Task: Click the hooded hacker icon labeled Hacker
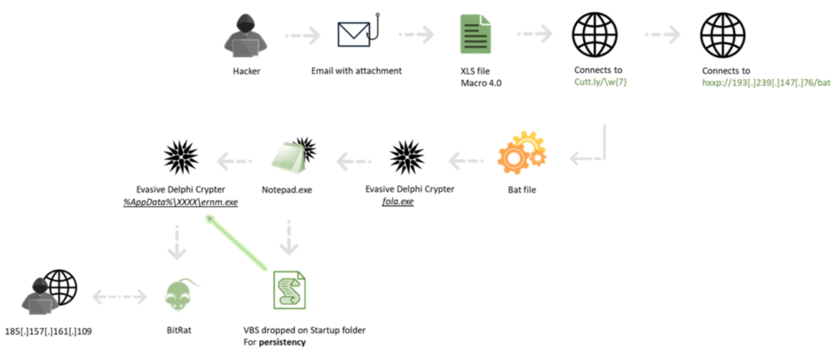246,36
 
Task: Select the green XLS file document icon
475,34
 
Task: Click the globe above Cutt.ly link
595,35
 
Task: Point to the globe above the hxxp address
722,35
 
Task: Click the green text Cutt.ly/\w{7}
600,82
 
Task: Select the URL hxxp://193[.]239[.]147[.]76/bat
766,83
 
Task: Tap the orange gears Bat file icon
522,154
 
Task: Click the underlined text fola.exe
398,201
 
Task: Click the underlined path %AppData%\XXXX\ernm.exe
180,202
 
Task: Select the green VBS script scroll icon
289,291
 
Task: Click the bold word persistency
282,343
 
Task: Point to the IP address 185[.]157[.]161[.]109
49,331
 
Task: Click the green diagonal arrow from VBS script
237,242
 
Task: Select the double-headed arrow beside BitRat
119,297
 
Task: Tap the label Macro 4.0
481,83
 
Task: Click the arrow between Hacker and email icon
302,35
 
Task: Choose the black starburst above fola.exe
407,157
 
